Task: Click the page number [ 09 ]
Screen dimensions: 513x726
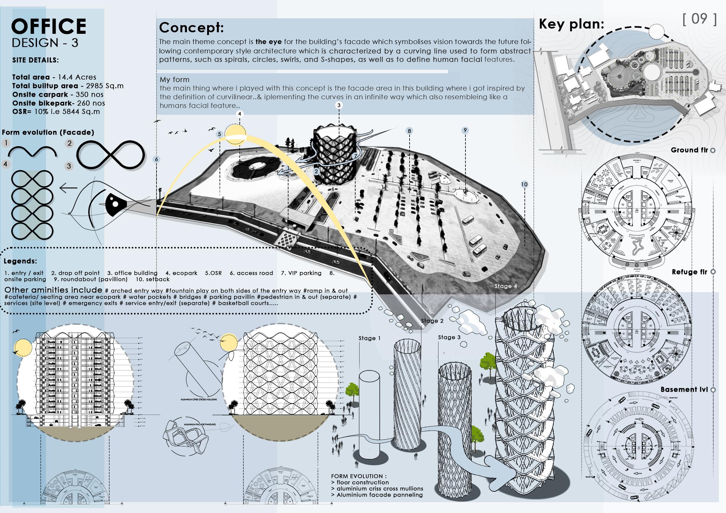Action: [699, 19]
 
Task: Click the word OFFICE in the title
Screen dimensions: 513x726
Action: [49, 26]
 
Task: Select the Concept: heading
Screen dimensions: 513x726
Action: [191, 28]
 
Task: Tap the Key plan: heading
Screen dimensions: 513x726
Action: [571, 24]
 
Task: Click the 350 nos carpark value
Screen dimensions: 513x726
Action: [89, 95]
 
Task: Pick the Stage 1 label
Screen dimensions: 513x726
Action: [369, 338]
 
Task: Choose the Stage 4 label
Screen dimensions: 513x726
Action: [506, 286]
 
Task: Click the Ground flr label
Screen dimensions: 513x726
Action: [689, 150]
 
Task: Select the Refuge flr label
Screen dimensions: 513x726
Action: [689, 272]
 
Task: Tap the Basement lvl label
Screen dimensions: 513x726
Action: [684, 390]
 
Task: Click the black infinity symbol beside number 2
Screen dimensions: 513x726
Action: [111, 155]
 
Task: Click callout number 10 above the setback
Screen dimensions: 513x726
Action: [524, 185]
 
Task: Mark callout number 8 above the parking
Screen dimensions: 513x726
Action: [409, 131]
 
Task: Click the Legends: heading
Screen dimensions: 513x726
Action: [20, 261]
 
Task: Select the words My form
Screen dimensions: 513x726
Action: [174, 80]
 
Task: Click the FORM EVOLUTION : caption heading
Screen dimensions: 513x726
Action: [359, 476]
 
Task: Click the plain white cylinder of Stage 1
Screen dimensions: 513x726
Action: [369, 420]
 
